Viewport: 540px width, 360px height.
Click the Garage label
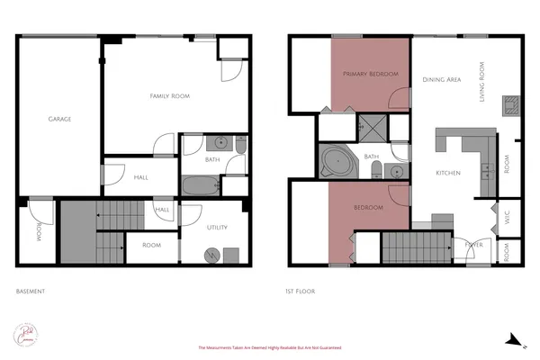[59, 119]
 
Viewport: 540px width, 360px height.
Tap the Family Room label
[169, 95]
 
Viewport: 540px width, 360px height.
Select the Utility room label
[217, 228]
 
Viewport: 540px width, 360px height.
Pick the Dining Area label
[441, 79]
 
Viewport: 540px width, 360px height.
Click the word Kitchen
[448, 173]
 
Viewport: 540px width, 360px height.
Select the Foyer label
[473, 244]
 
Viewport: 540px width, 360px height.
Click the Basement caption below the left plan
[31, 292]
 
